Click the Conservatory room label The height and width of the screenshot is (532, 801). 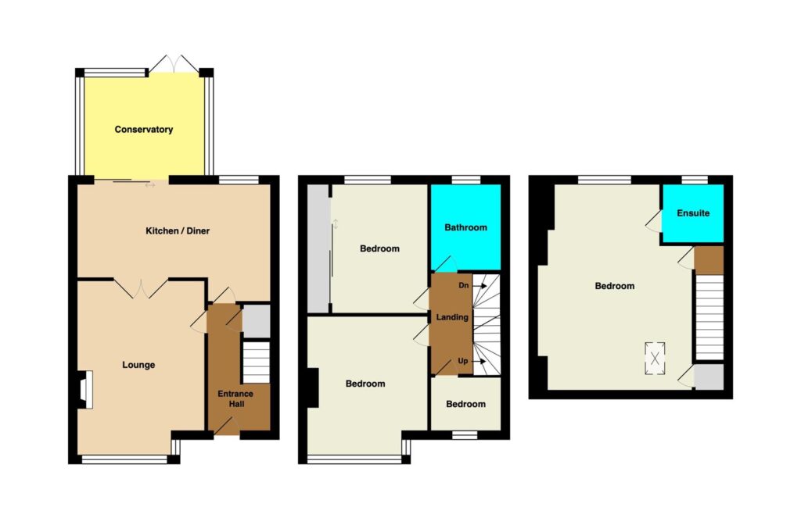pyautogui.click(x=144, y=130)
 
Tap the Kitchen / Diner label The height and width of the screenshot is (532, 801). pyautogui.click(x=178, y=231)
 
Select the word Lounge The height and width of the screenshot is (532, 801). pyautogui.click(x=138, y=365)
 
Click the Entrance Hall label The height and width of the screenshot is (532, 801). pyautogui.click(x=235, y=399)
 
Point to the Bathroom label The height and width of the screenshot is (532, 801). pyautogui.click(x=466, y=227)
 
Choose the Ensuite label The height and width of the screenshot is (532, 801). pyautogui.click(x=693, y=213)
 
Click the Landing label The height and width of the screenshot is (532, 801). pyautogui.click(x=452, y=317)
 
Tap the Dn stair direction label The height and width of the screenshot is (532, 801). pyautogui.click(x=463, y=286)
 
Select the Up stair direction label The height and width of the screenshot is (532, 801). pyautogui.click(x=463, y=361)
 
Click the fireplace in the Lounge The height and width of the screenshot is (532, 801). pyautogui.click(x=85, y=390)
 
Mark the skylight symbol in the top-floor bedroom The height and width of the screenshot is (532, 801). pyautogui.click(x=655, y=359)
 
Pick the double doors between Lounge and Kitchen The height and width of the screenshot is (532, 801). pyautogui.click(x=141, y=289)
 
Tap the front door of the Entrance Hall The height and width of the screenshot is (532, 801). pyautogui.click(x=228, y=427)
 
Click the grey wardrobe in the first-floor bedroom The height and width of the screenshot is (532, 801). pyautogui.click(x=319, y=248)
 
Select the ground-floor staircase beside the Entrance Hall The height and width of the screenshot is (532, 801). pyautogui.click(x=256, y=362)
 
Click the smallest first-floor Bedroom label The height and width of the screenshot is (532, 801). pyautogui.click(x=466, y=404)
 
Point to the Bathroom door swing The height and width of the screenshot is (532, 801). pyautogui.click(x=445, y=263)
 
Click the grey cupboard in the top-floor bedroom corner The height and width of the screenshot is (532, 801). pyautogui.click(x=709, y=377)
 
